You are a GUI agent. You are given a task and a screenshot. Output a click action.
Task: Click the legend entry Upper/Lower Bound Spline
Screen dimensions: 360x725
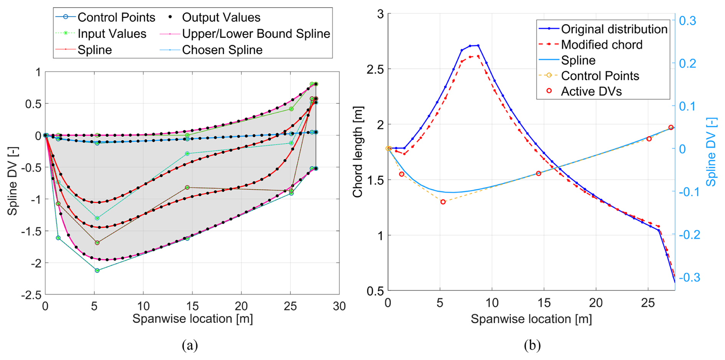256,34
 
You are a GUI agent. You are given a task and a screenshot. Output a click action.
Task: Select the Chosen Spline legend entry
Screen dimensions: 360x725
222,50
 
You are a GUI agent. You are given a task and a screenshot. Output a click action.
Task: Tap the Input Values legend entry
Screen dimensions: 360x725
112,34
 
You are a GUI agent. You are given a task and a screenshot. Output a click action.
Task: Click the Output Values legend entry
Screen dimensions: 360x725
221,17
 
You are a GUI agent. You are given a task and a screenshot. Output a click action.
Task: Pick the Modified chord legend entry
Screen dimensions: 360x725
601,45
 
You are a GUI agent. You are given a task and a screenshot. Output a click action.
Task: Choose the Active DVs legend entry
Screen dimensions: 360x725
591,92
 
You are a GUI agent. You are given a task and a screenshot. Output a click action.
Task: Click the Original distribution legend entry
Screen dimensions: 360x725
614,29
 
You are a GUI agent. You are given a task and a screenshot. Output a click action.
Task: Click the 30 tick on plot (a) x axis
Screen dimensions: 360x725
339,306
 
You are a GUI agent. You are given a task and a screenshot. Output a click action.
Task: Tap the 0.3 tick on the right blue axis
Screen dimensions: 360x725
687,21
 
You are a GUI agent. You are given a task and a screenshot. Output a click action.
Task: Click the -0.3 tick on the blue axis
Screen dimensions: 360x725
689,277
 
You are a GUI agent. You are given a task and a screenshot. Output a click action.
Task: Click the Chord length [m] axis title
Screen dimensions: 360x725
358,152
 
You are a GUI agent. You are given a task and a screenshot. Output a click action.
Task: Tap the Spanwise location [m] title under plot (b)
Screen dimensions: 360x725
531,319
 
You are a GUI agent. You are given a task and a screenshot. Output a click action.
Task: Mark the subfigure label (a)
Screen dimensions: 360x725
190,345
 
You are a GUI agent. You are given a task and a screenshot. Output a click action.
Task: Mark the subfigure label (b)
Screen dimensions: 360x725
532,345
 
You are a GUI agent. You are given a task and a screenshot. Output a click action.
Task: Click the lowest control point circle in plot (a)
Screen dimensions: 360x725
97,270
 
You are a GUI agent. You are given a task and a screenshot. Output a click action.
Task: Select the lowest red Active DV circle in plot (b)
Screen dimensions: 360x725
443,202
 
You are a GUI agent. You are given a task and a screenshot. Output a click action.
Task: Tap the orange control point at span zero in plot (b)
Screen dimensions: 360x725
388,149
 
